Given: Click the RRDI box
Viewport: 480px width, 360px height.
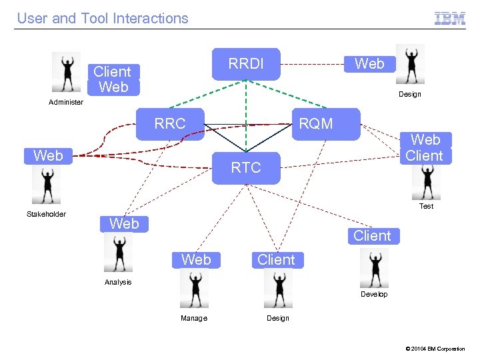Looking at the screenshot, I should (246, 64).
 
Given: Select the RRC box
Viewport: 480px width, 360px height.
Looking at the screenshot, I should (170, 123).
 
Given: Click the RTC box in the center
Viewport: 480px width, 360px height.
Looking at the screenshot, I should (246, 168).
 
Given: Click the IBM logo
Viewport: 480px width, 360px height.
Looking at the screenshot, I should (450, 19).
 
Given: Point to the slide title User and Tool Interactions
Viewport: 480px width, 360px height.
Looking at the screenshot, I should (103, 19).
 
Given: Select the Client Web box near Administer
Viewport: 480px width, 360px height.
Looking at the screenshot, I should (113, 79).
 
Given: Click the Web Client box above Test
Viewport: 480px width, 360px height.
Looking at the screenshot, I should (425, 148).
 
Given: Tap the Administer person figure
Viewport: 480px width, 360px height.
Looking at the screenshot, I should (67, 72).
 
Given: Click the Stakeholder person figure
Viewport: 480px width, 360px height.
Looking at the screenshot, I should (47, 185).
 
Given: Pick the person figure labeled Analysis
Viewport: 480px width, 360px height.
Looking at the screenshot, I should (119, 253).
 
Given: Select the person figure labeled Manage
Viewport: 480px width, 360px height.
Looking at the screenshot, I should (194, 289).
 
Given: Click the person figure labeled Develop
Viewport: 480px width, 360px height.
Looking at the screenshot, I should (374, 268).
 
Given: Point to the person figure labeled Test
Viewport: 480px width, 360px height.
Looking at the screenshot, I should (426, 181).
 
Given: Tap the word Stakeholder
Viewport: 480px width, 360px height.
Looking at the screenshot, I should (46, 214).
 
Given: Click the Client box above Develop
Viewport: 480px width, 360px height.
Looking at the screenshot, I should (372, 236).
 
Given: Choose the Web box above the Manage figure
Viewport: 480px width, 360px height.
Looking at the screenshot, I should (196, 259).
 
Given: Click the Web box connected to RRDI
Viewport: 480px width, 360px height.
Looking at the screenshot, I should (369, 64).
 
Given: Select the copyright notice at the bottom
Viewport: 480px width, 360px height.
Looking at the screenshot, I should (435, 349).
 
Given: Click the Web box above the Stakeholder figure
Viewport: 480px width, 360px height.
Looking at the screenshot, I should (48, 156).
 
